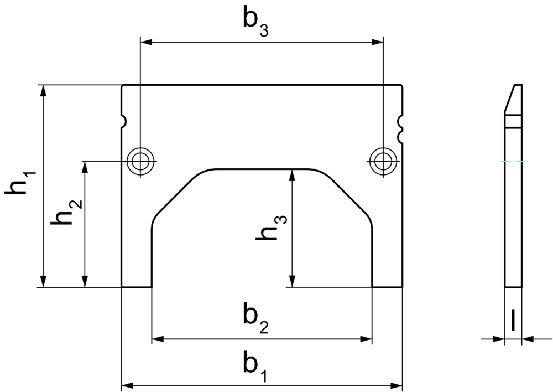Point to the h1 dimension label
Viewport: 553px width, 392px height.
pyautogui.click(x=20, y=183)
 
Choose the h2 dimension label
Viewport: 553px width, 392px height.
pyautogui.click(x=66, y=212)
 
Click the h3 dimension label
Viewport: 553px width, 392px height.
pyautogui.click(x=271, y=228)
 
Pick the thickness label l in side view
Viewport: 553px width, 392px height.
pyautogui.click(x=513, y=320)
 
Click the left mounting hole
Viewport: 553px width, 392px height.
pyautogui.click(x=140, y=161)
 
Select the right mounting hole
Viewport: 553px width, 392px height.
pyautogui.click(x=383, y=161)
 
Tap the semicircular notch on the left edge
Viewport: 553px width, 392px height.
pyautogui.click(x=124, y=121)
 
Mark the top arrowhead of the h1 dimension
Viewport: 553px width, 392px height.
pyautogui.click(x=43, y=91)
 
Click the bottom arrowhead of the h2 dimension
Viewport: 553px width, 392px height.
pyautogui.click(x=84, y=281)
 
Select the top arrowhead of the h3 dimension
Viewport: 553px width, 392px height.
pyautogui.click(x=291, y=175)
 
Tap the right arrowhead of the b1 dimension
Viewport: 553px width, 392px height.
pyautogui.click(x=397, y=385)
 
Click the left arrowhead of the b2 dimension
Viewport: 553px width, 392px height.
pyautogui.click(x=158, y=339)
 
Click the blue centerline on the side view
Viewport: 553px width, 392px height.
pyautogui.click(x=514, y=161)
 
